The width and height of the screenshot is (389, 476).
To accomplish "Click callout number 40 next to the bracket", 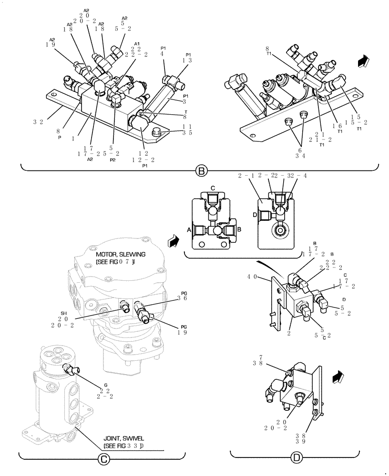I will [253, 277].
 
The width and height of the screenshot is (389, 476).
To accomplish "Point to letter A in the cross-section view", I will [190, 229].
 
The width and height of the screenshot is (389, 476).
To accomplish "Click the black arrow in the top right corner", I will [364, 60].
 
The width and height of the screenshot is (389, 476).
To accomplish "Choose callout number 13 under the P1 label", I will [188, 60].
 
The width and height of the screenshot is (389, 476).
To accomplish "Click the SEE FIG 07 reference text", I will [117, 262].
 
